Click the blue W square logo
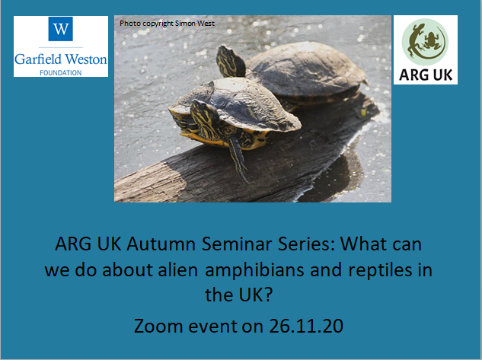coord(61,29)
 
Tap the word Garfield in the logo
coord(38,59)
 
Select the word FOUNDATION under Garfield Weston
coord(61,73)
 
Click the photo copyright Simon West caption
coord(167,24)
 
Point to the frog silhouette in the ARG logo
coord(431,40)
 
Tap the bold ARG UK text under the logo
coord(426,75)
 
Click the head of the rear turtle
coord(231,62)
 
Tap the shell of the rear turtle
coord(306,69)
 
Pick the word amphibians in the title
coord(254,271)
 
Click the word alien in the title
coord(177,270)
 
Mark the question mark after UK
coord(268,295)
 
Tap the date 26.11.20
coord(306,326)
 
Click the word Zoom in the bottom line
coord(158,326)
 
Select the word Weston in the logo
coord(86,59)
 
